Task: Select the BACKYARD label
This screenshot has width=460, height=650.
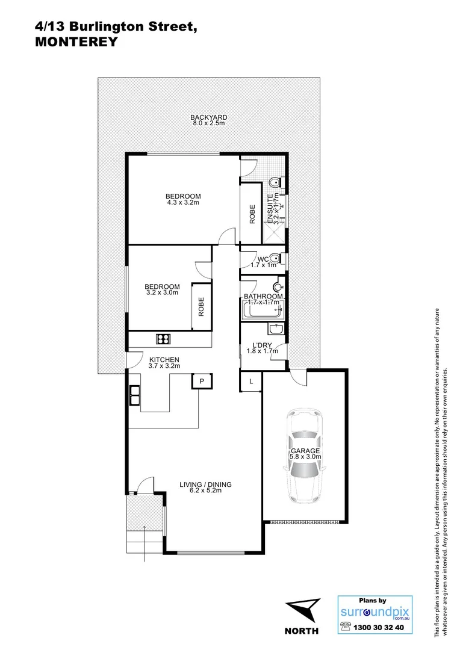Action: click(208, 117)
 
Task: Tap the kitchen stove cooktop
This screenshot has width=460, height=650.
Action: click(163, 339)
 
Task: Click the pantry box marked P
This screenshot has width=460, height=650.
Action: click(202, 382)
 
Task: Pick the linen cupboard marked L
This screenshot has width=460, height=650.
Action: click(250, 381)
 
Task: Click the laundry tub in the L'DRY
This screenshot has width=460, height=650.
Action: click(275, 329)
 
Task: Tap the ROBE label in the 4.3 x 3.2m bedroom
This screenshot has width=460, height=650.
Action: click(252, 215)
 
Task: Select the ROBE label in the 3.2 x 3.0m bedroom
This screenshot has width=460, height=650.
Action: click(201, 307)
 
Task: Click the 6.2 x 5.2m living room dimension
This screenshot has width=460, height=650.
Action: click(205, 491)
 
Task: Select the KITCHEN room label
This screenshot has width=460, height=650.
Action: click(164, 360)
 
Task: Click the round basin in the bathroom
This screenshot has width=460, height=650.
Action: click(278, 287)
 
